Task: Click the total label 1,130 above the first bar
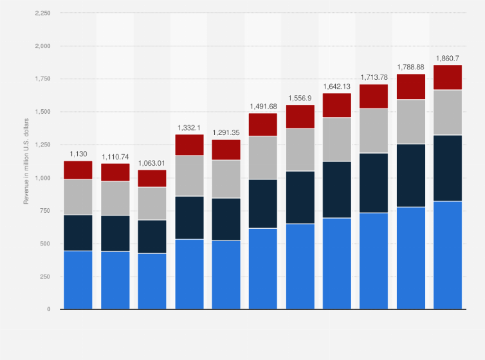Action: pyautogui.click(x=78, y=154)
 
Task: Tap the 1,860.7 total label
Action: pyautogui.click(x=447, y=58)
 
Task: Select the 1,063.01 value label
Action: pyautogui.click(x=152, y=163)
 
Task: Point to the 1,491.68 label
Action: pyautogui.click(x=262, y=106)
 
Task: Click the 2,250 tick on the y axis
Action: pyautogui.click(x=42, y=13)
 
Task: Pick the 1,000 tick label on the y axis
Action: pyautogui.click(x=42, y=178)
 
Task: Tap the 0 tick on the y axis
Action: pyautogui.click(x=48, y=309)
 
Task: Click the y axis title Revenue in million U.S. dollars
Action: pyautogui.click(x=27, y=160)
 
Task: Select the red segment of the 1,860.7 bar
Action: pyautogui.click(x=447, y=77)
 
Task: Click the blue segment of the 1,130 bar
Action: pyautogui.click(x=78, y=280)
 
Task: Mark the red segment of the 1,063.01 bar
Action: pyautogui.click(x=152, y=178)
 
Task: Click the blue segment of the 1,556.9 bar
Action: pyautogui.click(x=299, y=266)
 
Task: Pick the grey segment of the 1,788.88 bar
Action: pyautogui.click(x=410, y=122)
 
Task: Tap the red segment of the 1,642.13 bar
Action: pyautogui.click(x=336, y=105)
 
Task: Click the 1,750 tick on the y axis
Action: pyautogui.click(x=42, y=79)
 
